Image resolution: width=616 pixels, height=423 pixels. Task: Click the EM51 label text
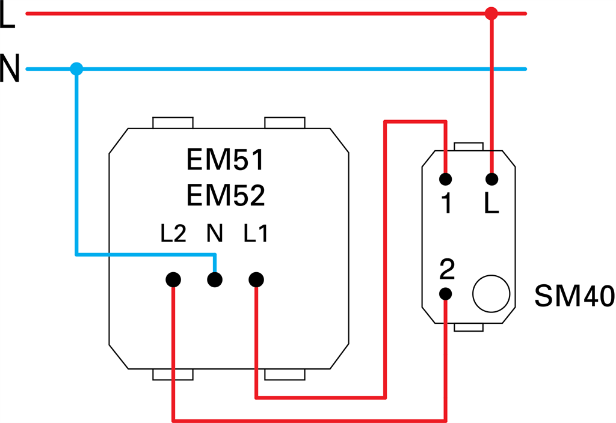226,161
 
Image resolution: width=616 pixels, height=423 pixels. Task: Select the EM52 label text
226,196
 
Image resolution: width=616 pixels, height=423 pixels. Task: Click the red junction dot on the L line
491,13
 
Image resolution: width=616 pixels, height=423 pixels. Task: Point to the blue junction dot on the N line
76,69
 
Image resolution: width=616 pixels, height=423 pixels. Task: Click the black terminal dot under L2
173,279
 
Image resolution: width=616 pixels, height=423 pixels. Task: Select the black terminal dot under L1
256,279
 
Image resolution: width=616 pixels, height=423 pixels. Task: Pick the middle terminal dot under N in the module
215,279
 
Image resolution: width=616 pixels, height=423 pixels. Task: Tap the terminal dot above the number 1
446,179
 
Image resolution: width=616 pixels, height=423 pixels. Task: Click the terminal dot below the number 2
446,294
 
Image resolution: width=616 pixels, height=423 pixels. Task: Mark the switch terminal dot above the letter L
491,179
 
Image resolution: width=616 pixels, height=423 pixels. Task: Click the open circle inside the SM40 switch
491,294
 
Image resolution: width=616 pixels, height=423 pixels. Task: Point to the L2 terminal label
173,234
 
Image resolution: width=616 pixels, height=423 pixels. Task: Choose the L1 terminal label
256,234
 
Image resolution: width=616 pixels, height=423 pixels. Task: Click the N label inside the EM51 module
215,234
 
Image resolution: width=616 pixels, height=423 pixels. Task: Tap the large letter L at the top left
7,17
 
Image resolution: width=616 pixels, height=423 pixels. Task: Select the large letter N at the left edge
10,69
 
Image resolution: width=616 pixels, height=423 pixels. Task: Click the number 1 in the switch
446,205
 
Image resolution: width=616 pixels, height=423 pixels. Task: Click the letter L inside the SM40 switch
491,205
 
